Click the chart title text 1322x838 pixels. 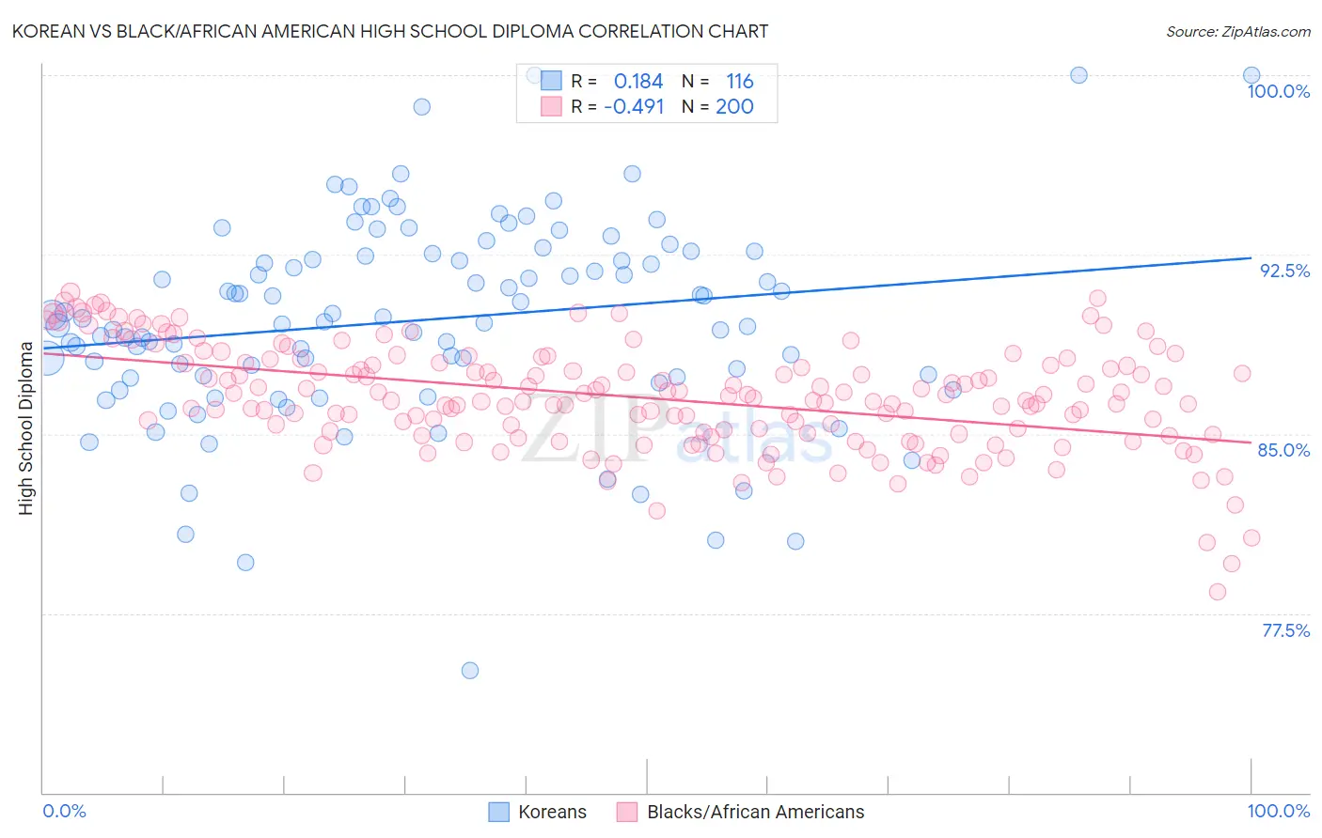pyautogui.click(x=390, y=31)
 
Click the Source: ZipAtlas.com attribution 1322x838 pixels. pyautogui.click(x=1237, y=31)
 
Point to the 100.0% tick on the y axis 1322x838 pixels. pyautogui.click(x=1278, y=91)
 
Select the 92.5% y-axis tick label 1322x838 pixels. pyautogui.click(x=1284, y=271)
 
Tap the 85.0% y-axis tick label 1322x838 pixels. pyautogui.click(x=1283, y=450)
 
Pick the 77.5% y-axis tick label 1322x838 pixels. pyautogui.click(x=1285, y=630)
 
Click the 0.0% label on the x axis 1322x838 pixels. pyautogui.click(x=64, y=811)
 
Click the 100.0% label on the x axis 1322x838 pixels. pyautogui.click(x=1278, y=811)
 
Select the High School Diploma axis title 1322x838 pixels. pyautogui.click(x=26, y=427)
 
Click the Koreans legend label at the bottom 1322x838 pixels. pyautogui.click(x=552, y=812)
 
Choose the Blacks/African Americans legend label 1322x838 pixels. pyautogui.click(x=755, y=812)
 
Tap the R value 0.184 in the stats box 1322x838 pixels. pyautogui.click(x=638, y=82)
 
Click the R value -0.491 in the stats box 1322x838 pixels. pyautogui.click(x=634, y=107)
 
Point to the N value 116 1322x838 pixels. pyautogui.click(x=739, y=82)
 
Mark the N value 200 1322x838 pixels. pyautogui.click(x=734, y=107)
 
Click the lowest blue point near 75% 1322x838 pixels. pyautogui.click(x=470, y=670)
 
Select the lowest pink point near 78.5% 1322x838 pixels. pyautogui.click(x=1218, y=592)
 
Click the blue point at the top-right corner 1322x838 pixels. pyautogui.click(x=1251, y=75)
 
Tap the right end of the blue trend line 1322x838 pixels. pyautogui.click(x=1251, y=257)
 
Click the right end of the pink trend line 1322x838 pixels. pyautogui.click(x=1251, y=442)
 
